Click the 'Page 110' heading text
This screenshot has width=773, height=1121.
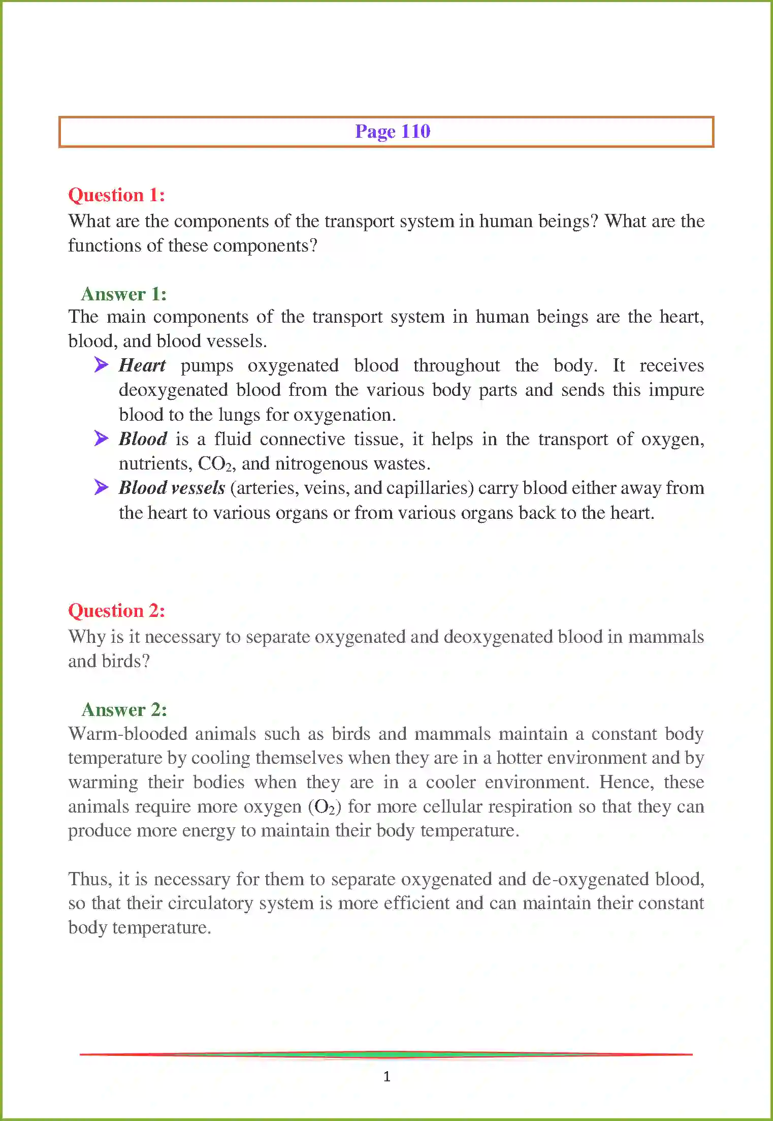392,132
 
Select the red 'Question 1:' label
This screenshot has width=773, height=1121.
116,195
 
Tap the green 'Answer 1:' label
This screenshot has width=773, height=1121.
124,294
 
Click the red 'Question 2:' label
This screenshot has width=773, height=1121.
116,611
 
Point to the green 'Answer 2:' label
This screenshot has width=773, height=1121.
124,709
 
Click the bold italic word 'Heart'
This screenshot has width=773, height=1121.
142,365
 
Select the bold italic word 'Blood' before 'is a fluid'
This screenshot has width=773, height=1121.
143,439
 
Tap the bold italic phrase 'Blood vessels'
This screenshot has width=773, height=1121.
172,488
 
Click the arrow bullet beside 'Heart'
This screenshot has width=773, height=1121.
101,364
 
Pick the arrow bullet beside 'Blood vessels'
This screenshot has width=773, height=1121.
101,487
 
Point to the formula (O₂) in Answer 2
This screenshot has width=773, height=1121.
325,807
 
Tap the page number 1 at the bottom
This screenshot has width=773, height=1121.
387,1076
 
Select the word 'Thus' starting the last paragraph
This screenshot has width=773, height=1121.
89,879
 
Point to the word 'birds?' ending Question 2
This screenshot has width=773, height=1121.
125,661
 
